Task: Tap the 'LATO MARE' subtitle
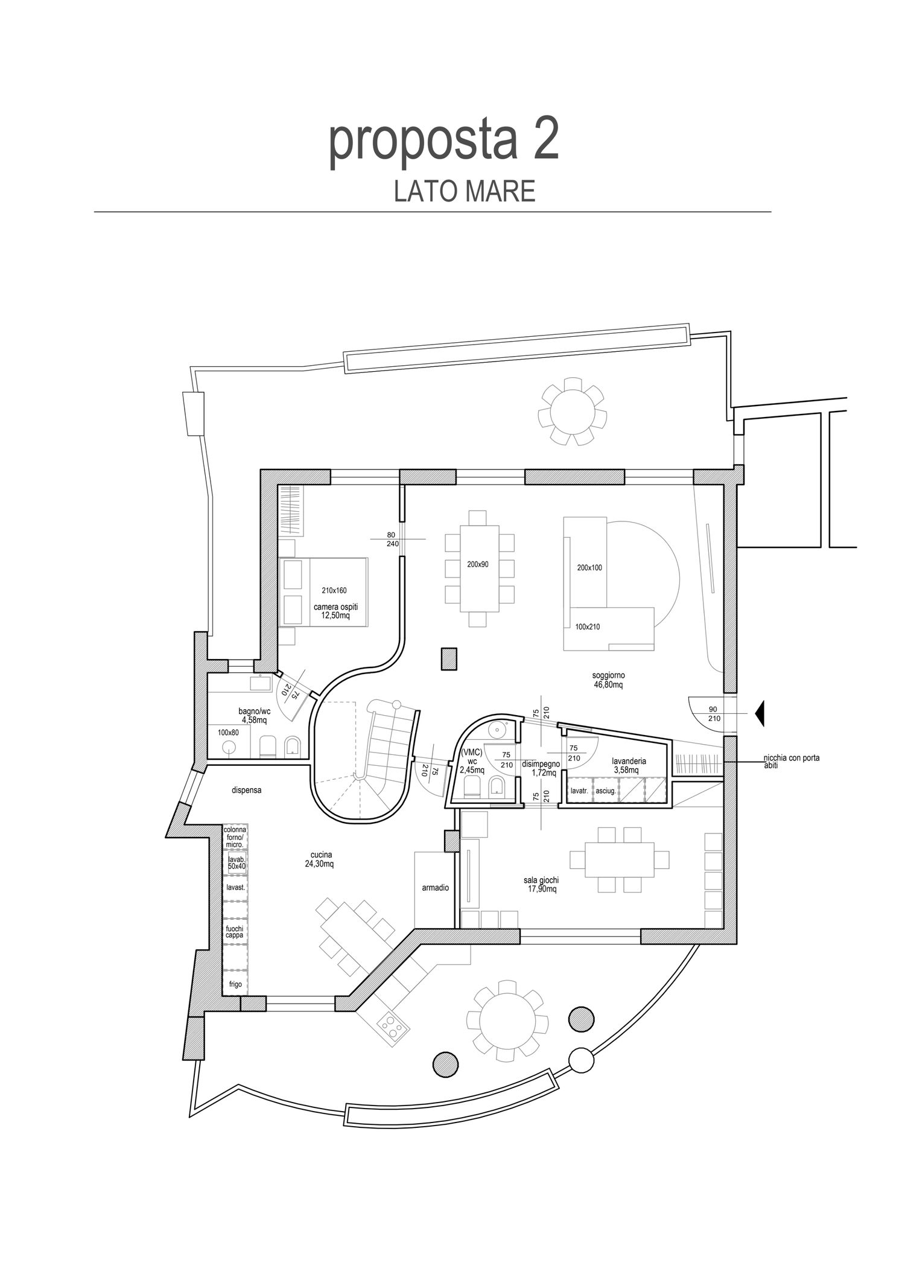point(465,191)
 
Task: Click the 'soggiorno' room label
point(609,675)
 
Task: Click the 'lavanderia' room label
point(629,762)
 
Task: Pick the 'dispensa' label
point(247,789)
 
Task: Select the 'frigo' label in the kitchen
point(235,984)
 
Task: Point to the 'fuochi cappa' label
point(234,932)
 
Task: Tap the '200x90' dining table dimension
point(478,565)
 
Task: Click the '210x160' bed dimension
point(334,590)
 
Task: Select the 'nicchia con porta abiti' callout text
point(792,761)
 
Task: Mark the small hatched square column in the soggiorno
point(449,658)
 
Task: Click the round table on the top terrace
point(573,410)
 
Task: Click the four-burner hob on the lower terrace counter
point(390,1027)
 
